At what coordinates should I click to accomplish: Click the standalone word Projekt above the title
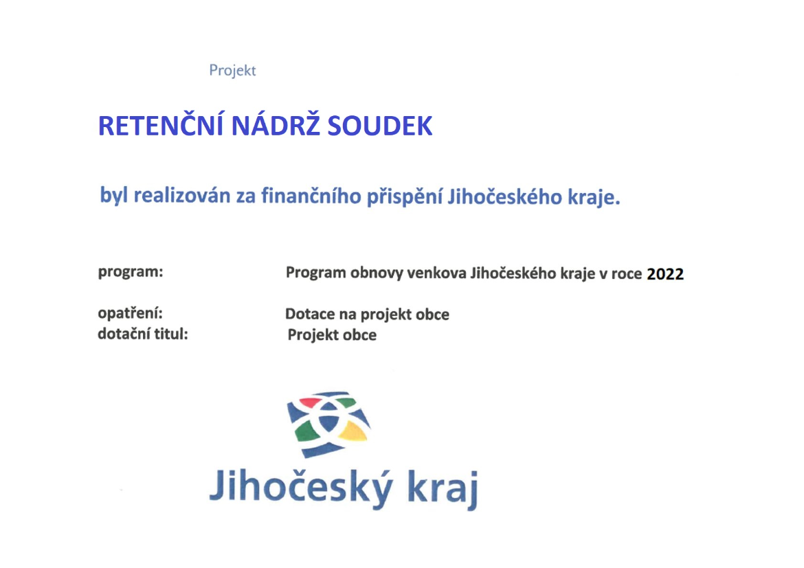pyautogui.click(x=232, y=70)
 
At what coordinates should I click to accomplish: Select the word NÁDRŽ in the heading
pyautogui.click(x=276, y=126)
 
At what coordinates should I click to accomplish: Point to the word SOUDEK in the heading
pyautogui.click(x=380, y=126)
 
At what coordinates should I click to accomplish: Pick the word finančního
pyautogui.click(x=311, y=196)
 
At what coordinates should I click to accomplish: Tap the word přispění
pyautogui.click(x=404, y=197)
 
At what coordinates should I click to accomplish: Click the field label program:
pyautogui.click(x=131, y=272)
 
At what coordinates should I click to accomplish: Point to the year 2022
pyautogui.click(x=665, y=274)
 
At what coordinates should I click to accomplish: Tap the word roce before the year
pyautogui.click(x=627, y=274)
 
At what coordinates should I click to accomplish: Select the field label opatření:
pyautogui.click(x=131, y=313)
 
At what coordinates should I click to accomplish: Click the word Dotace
pyautogui.click(x=310, y=315)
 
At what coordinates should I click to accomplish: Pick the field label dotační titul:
pyautogui.click(x=143, y=334)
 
